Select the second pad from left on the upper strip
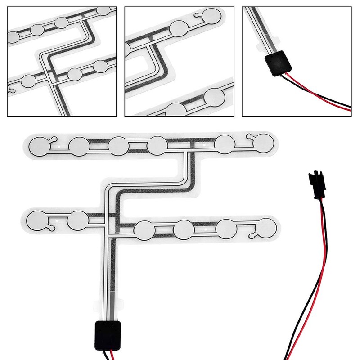(x=79, y=145)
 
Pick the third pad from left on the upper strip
(x=118, y=145)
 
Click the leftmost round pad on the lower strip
(x=38, y=220)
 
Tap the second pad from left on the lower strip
(x=77, y=220)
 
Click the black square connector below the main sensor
(x=108, y=336)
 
